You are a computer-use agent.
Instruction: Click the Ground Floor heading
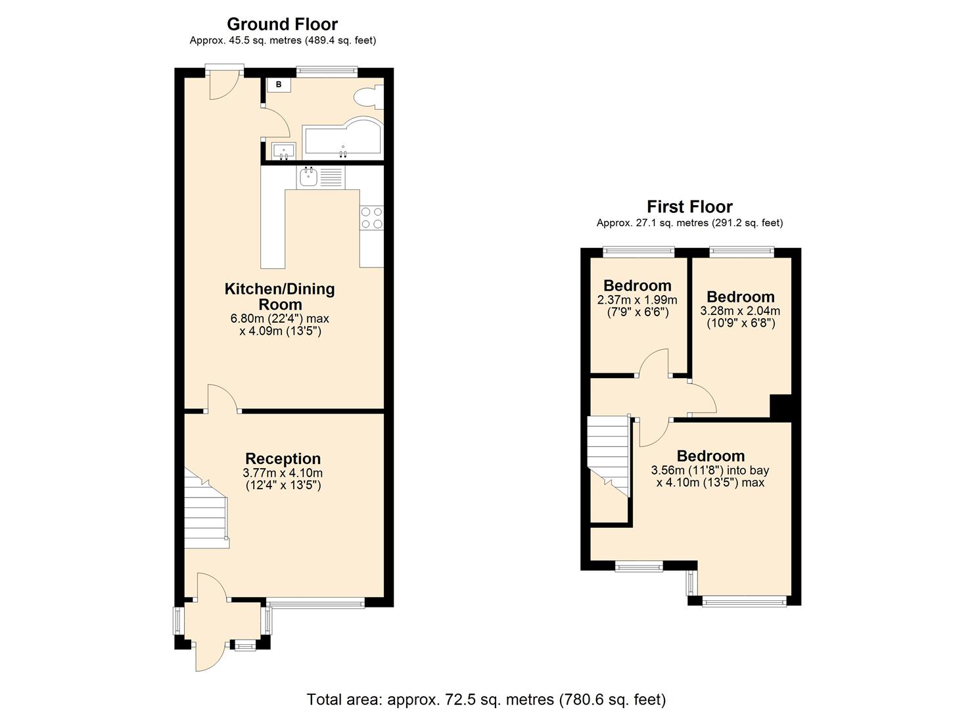tap(282, 24)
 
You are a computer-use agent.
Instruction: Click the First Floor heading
tap(689, 207)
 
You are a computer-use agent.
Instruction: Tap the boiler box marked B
tap(279, 85)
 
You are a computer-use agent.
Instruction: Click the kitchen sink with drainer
tap(319, 177)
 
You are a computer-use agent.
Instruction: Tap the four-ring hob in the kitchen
tap(371, 218)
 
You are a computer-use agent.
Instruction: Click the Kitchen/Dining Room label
tap(279, 296)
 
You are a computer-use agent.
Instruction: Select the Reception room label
tap(283, 459)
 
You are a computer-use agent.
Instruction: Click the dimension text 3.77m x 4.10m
tap(283, 473)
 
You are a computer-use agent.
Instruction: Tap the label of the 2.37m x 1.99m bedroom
tap(637, 286)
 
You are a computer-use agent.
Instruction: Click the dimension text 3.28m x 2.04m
tap(740, 311)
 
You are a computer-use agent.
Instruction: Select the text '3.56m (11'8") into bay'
tap(710, 471)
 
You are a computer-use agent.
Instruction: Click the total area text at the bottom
tap(486, 699)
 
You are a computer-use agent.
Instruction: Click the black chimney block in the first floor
tap(780, 406)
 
